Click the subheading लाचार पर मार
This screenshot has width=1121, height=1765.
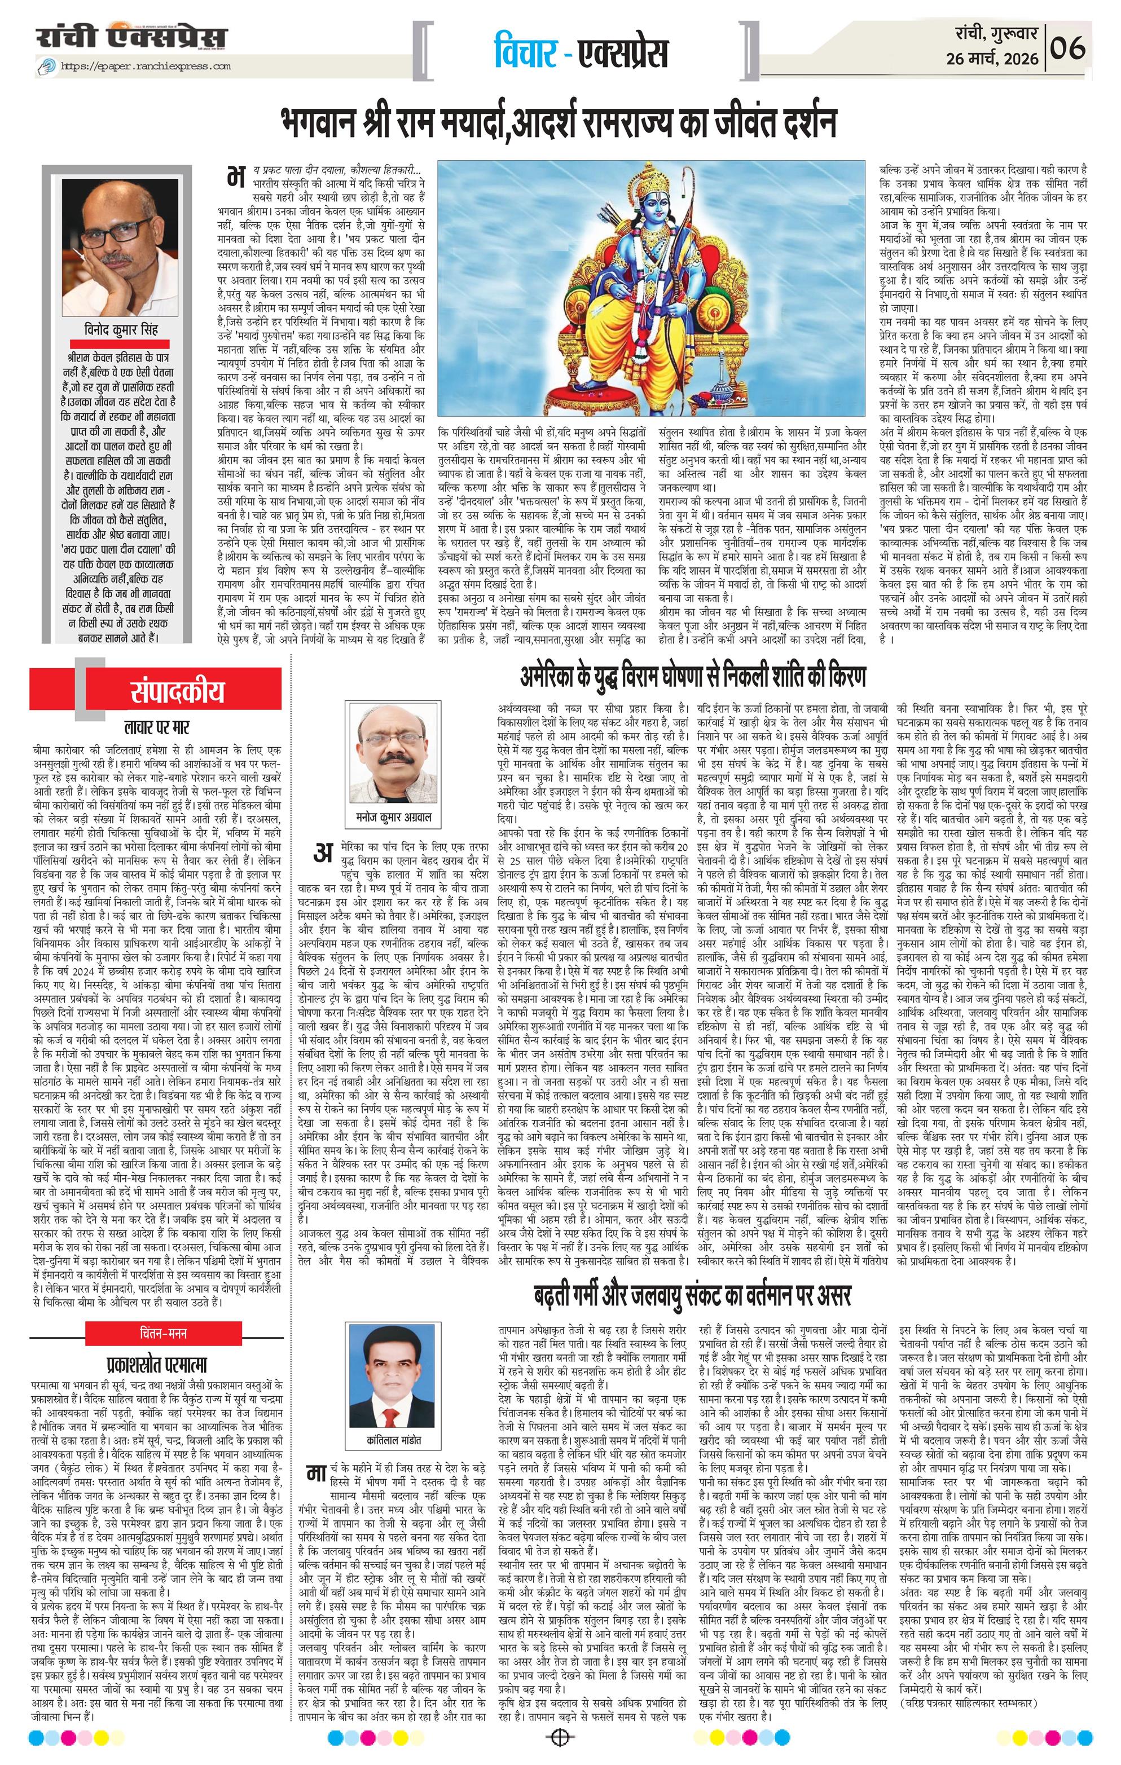click(157, 729)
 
